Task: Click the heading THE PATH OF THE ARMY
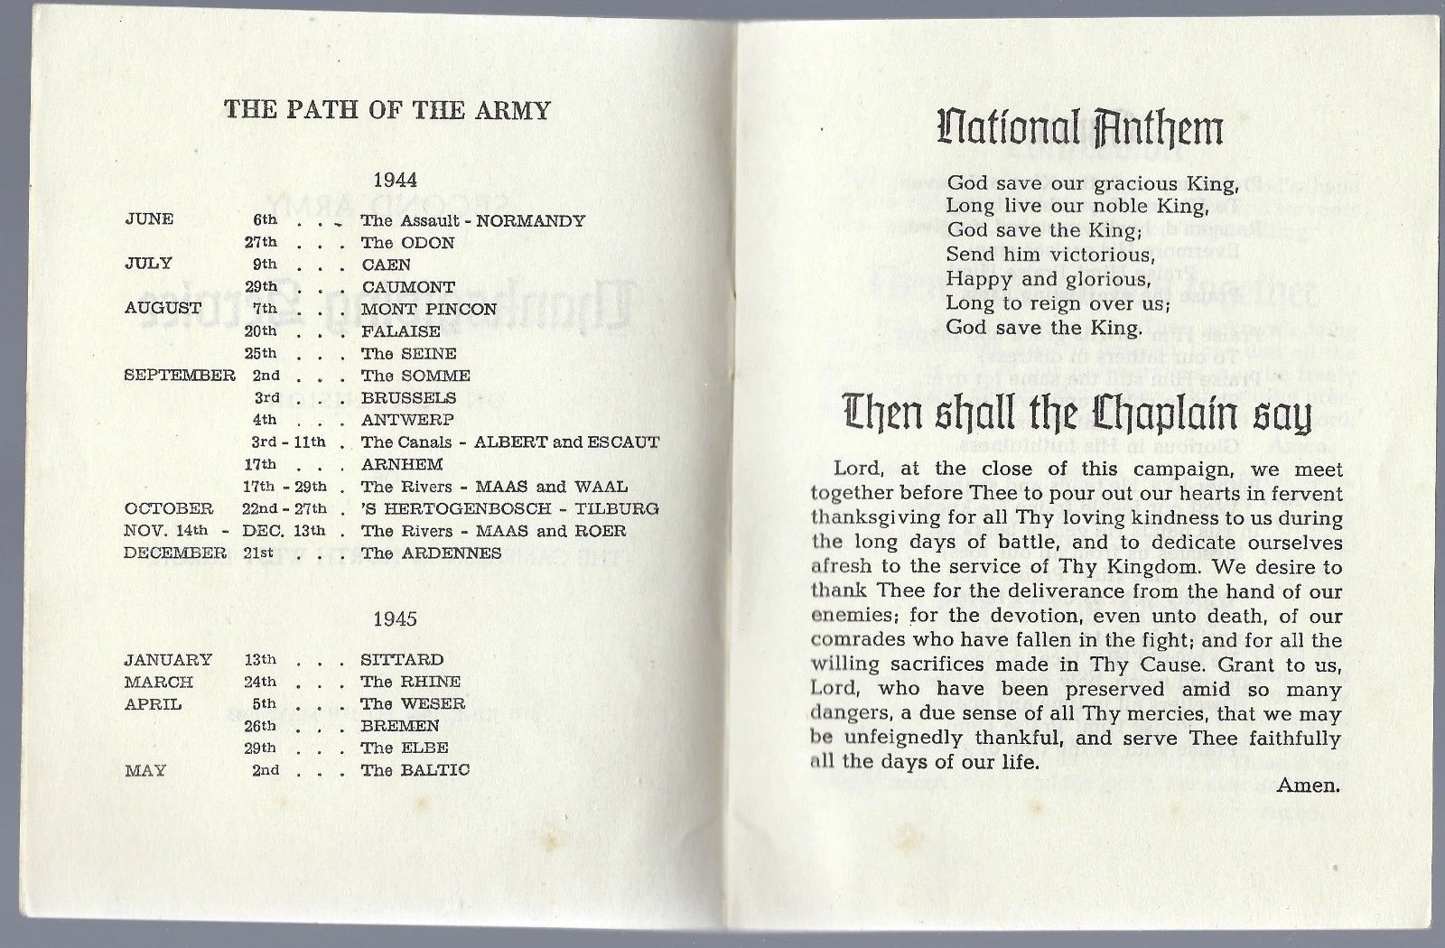pos(387,110)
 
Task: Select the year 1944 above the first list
pos(395,180)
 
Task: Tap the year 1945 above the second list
pos(395,618)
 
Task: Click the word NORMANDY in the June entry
pos(531,220)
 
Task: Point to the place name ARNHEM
pos(402,464)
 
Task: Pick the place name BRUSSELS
pos(408,397)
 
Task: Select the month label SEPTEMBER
pos(180,375)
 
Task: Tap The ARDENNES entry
pos(431,553)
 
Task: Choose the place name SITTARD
pos(402,659)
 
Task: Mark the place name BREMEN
pos(400,725)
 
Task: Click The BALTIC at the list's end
pos(415,770)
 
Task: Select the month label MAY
pos(144,770)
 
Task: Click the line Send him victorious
pos(1050,255)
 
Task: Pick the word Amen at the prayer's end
pos(1309,785)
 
